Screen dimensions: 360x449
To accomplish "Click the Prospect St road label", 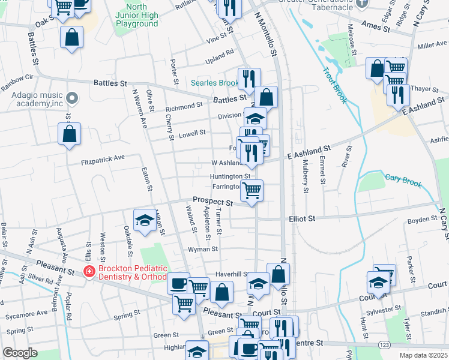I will [x=212, y=201].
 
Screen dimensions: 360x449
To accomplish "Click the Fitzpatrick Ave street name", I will [x=103, y=158].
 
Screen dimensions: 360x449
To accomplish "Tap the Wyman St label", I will [x=202, y=248].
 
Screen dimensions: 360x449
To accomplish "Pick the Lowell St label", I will [x=193, y=133].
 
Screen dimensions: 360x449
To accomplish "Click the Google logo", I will [x=20, y=352].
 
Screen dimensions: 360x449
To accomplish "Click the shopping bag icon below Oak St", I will [x=71, y=37].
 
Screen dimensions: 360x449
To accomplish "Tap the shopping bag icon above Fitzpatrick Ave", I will [x=70, y=133].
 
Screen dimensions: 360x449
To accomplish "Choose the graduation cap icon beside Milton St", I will [x=144, y=220].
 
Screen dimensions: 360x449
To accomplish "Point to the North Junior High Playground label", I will [x=137, y=15].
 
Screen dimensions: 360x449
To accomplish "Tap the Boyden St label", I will [x=422, y=220].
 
